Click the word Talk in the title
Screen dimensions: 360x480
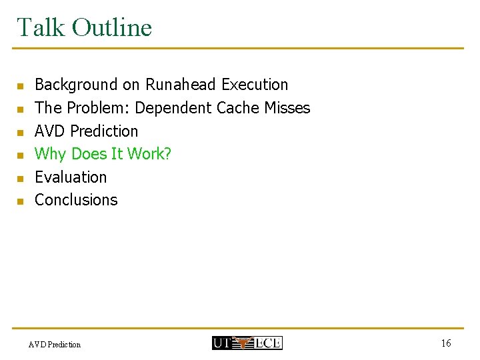click(x=41, y=27)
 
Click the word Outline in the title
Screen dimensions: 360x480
click(x=112, y=27)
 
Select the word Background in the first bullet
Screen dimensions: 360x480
click(x=77, y=85)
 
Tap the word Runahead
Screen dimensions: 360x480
click(x=181, y=85)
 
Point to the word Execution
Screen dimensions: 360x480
click(x=255, y=85)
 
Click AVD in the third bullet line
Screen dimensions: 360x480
click(x=50, y=131)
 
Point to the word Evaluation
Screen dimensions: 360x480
click(x=71, y=177)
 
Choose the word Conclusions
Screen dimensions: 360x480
click(x=76, y=200)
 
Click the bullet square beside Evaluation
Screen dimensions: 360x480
click(x=20, y=178)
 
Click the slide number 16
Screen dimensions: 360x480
click(x=446, y=343)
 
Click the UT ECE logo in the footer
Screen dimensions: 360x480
click(x=247, y=343)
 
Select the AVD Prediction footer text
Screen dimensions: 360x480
click(x=55, y=345)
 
